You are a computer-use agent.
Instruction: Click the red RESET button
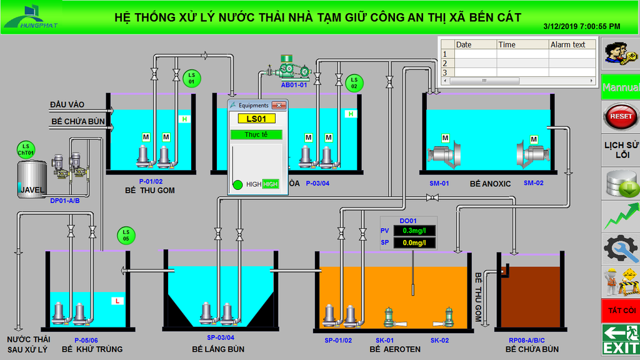[x=621, y=117]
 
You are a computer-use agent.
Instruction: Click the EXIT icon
[x=621, y=339]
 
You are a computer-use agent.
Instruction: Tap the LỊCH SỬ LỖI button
[x=622, y=150]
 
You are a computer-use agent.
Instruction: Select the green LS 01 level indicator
[x=191, y=78]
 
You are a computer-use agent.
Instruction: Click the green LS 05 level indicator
[x=126, y=236]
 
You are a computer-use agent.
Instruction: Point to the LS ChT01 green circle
[x=26, y=150]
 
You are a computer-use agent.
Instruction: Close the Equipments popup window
[x=279, y=105]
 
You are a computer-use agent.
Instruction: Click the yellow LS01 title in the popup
[x=256, y=119]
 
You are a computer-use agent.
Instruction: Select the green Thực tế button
[x=256, y=135]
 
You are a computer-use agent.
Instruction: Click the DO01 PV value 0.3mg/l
[x=414, y=231]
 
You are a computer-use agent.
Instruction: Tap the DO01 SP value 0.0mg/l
[x=414, y=243]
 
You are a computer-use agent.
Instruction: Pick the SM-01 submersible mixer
[x=444, y=156]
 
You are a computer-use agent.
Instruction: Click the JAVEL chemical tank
[x=31, y=179]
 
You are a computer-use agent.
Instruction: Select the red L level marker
[x=117, y=301]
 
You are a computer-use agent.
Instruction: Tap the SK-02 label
[x=439, y=341]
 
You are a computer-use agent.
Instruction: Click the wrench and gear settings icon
[x=621, y=248]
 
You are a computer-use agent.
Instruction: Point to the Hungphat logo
[x=31, y=16]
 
